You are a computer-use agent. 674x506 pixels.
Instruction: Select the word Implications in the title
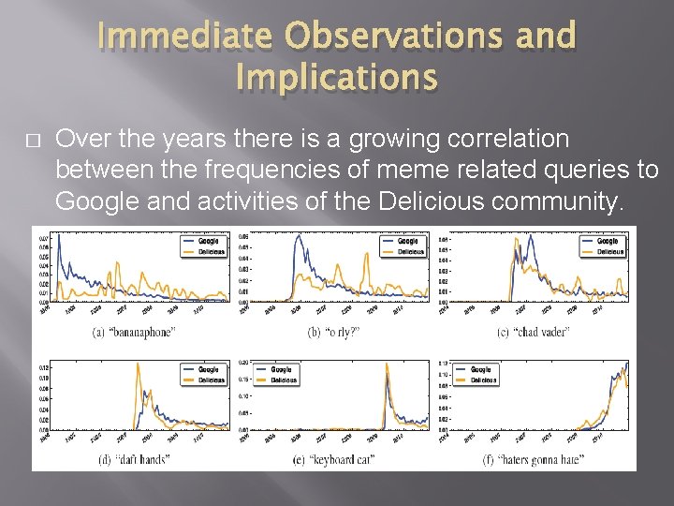tap(336, 77)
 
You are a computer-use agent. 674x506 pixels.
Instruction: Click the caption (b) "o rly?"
tap(333, 333)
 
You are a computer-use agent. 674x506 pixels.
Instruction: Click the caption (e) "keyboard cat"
tap(333, 459)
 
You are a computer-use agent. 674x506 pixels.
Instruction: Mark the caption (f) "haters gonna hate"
tap(533, 459)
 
